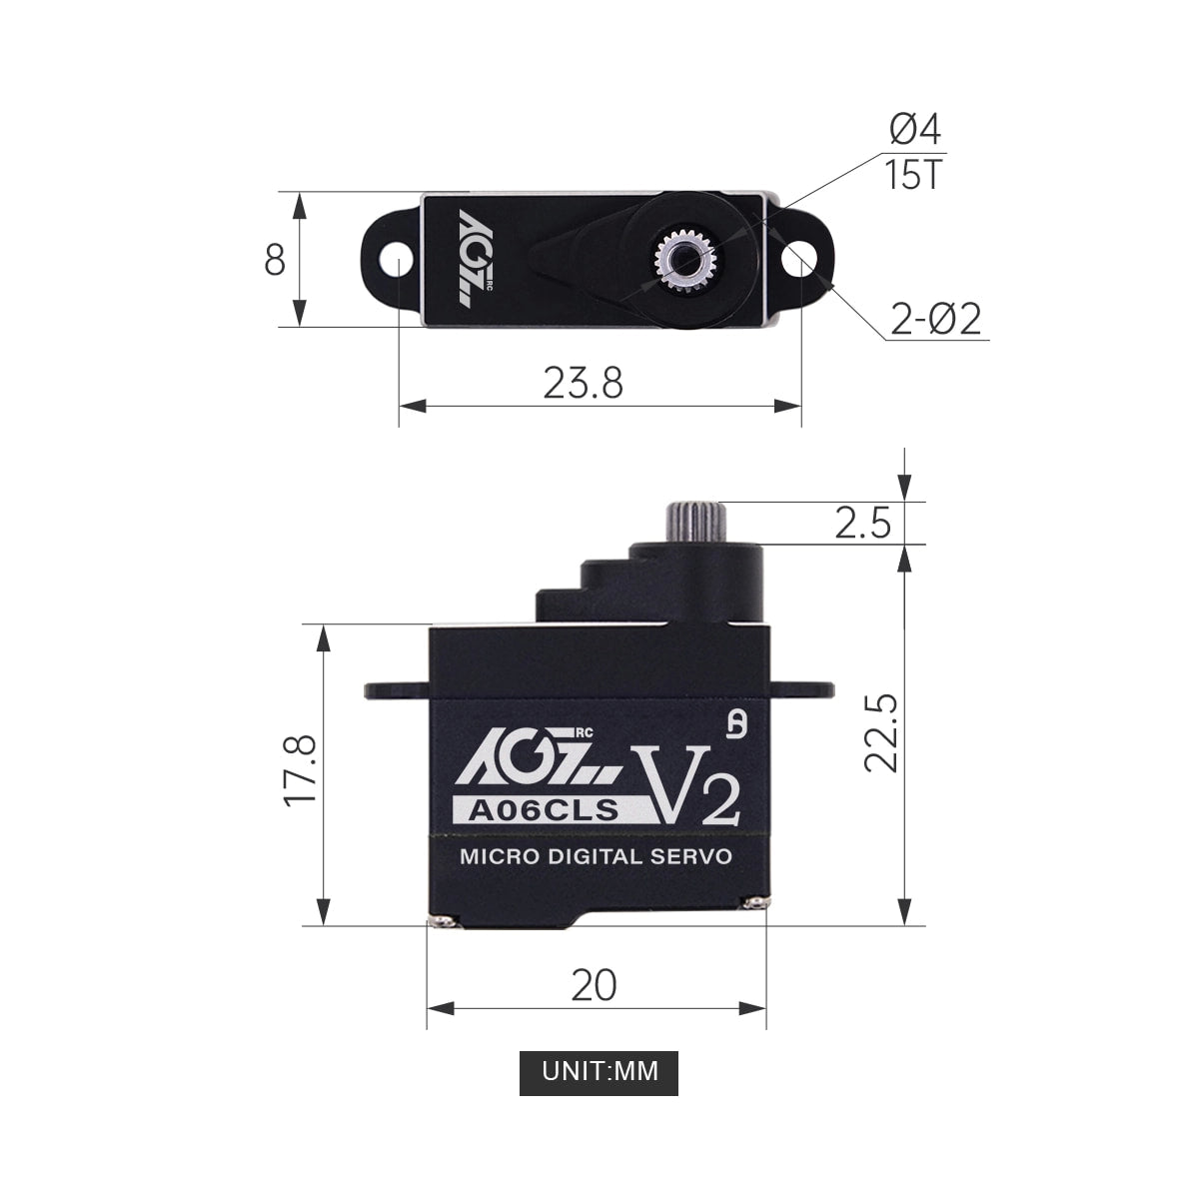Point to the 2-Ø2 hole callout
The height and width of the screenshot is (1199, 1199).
[935, 320]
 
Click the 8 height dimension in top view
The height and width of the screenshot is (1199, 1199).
[275, 260]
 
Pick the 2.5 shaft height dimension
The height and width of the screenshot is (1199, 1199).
[862, 523]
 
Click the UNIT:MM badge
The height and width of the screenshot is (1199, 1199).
[599, 1071]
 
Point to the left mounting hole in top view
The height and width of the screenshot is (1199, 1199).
[398, 261]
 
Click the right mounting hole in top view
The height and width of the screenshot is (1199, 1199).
[798, 260]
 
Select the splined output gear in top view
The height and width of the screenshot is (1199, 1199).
[685, 260]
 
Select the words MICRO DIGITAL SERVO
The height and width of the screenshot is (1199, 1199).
[596, 856]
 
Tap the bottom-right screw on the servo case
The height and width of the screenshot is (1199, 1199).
[751, 903]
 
